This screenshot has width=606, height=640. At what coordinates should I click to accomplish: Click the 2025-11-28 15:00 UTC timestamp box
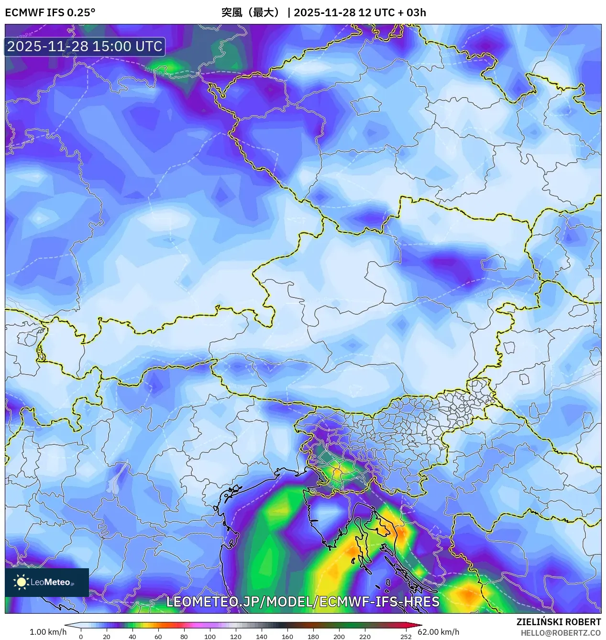tap(85, 46)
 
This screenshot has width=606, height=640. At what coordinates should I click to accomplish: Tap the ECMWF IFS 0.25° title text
tap(50, 12)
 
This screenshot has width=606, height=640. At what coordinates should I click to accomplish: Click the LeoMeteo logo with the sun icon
tap(46, 582)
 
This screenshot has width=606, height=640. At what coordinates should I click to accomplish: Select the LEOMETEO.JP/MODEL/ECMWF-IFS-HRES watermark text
tap(303, 601)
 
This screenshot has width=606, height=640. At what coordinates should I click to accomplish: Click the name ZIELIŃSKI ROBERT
tap(559, 622)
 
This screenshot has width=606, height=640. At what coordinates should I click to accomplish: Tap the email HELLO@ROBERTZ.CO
tap(561, 633)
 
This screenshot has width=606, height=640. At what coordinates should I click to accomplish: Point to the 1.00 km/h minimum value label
tap(48, 632)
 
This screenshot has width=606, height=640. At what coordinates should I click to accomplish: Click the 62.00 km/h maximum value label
tap(438, 632)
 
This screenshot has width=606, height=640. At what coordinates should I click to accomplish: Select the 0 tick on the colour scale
tap(80, 637)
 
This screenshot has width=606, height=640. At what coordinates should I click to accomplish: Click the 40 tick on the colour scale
tap(132, 637)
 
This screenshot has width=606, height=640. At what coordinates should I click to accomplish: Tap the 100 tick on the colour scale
tap(209, 637)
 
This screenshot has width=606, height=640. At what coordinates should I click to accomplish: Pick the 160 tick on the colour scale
tap(287, 637)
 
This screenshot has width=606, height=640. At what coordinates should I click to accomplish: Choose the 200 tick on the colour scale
tap(339, 637)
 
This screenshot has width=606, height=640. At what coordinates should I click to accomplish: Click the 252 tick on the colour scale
tap(406, 637)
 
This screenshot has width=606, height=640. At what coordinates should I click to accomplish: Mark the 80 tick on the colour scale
tap(184, 637)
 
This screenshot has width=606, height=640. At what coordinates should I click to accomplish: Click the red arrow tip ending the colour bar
tap(419, 625)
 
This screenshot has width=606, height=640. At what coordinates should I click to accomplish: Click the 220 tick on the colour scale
tap(364, 637)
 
